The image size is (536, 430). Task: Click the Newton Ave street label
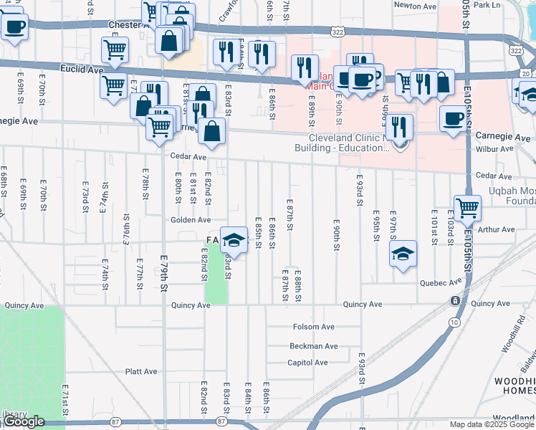415,6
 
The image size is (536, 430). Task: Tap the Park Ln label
487,5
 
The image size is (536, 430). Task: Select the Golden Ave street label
190,220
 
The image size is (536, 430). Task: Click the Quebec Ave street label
438,282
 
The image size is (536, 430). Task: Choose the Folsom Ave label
314,327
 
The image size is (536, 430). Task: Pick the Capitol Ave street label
307,363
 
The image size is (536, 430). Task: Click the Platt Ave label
141,372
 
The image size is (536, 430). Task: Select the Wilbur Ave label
495,149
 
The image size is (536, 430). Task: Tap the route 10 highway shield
455,322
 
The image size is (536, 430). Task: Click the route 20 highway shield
526,73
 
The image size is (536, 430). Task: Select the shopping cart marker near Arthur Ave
467,208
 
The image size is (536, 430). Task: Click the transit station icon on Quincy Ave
455,300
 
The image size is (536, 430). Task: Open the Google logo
24,421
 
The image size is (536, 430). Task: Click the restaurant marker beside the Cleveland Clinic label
401,127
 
